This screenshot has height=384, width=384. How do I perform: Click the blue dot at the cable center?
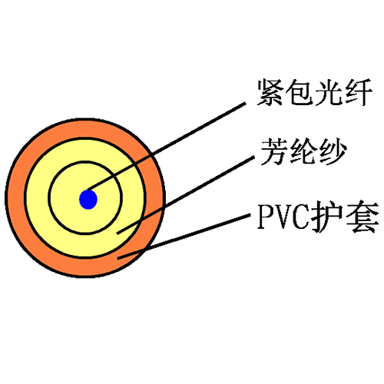click(88, 200)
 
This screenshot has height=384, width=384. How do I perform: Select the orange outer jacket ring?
click(16, 198)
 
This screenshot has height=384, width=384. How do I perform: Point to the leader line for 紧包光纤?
click(167, 147)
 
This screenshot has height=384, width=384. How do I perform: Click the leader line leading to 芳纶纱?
click(186, 195)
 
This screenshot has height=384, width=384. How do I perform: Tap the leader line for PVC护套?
click(184, 237)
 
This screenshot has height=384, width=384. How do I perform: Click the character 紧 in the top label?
click(270, 92)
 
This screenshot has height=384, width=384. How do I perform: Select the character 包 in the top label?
click(300, 92)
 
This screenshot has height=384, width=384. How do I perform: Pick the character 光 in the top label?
click(329, 92)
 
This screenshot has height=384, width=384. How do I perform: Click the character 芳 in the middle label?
click(274, 151)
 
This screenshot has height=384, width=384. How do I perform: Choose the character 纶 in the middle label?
click(303, 151)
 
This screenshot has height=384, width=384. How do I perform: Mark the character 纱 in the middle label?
click(333, 151)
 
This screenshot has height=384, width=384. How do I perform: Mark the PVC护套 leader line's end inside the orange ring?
click(118, 258)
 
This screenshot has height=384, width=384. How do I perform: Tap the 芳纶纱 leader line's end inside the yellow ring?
click(118, 233)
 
